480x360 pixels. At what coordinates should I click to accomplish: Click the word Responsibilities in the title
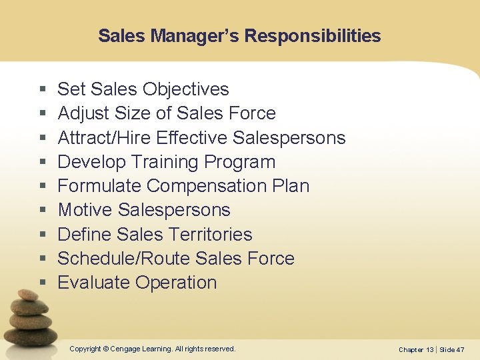pyautogui.click(x=313, y=36)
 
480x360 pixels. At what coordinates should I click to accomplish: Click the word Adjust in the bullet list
pyautogui.click(x=83, y=113)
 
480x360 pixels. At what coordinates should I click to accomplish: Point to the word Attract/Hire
pyautogui.click(x=104, y=138)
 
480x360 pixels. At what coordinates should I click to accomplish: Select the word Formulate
pyautogui.click(x=99, y=186)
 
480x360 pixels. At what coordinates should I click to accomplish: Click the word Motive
pyautogui.click(x=85, y=210)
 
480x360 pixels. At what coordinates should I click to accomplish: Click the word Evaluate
pyautogui.click(x=94, y=283)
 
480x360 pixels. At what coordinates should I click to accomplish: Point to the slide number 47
pyautogui.click(x=460, y=350)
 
